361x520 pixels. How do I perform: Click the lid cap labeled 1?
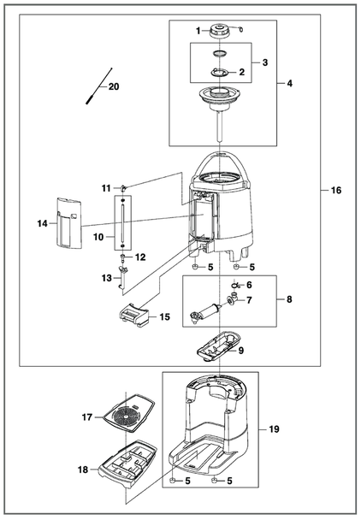219,31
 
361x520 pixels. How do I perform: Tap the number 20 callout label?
114,86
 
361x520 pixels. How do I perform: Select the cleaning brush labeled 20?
99,86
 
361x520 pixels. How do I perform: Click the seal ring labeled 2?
220,72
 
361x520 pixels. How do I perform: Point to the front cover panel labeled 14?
69,223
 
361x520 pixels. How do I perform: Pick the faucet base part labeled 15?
134,315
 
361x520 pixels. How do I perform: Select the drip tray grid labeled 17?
128,413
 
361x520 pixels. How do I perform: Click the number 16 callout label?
336,190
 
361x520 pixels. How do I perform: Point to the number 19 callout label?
274,429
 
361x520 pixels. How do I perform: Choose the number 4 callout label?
289,83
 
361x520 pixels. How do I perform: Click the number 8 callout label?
289,299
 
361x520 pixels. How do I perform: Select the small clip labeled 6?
235,285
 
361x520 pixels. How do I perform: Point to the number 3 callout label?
265,62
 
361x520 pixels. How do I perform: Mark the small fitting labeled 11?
124,188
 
